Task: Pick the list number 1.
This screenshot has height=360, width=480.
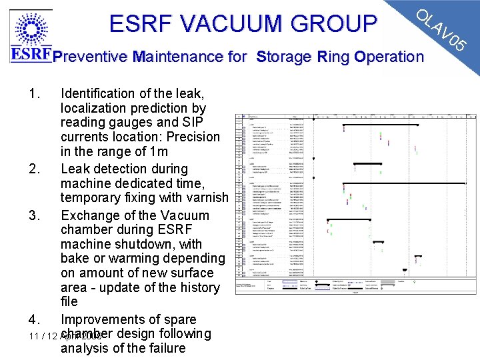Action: coord(36,93)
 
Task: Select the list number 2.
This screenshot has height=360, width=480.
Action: coord(36,169)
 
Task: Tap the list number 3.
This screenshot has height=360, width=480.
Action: coord(36,216)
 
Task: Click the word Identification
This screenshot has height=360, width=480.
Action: coord(100,93)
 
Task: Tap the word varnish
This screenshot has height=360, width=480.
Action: coord(206,198)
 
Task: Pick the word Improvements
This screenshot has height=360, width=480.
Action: coord(103,320)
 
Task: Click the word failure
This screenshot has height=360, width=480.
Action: coord(163,349)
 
